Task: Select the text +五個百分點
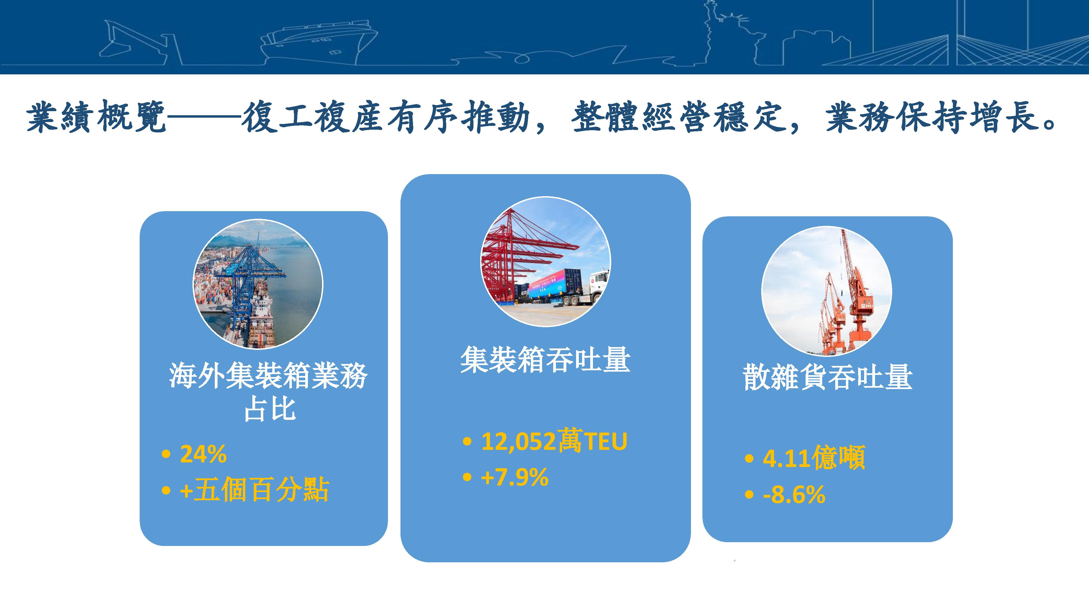(254, 490)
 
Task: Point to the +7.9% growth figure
(515, 477)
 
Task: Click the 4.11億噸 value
(814, 458)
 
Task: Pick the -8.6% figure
(794, 494)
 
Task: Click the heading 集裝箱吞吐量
(545, 360)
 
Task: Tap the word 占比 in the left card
(270, 409)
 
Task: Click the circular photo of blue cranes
(258, 284)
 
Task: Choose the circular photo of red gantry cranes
(545, 262)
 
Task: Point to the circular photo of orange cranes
(827, 291)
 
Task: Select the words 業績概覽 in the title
(96, 116)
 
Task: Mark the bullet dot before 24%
(166, 455)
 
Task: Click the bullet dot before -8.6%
(749, 495)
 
